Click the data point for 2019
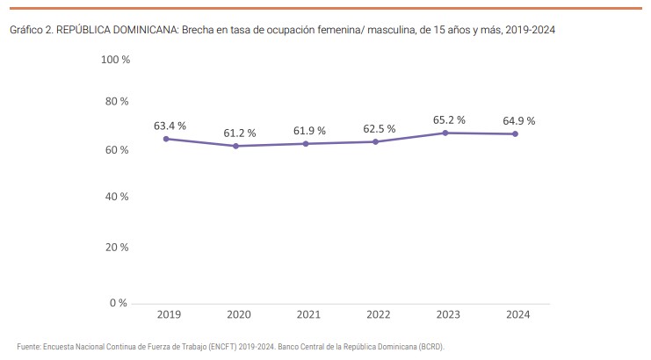[166, 139]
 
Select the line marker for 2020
[235, 146]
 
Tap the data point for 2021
[306, 143]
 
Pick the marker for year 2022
[375, 141]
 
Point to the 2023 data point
[445, 133]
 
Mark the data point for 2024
[515, 133]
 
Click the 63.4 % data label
[170, 126]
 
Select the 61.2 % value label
[239, 133]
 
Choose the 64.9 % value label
[519, 120]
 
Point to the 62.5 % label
[380, 129]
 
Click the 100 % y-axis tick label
[115, 60]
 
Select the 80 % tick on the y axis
[118, 101]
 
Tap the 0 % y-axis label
[120, 303]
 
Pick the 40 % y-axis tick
[118, 196]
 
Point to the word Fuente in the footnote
[28, 346]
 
